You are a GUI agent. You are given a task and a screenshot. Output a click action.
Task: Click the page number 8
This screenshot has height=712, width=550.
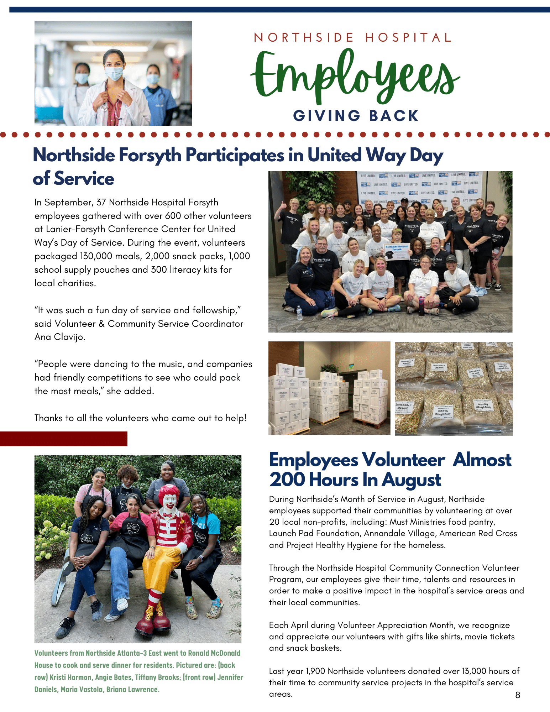pyautogui.click(x=518, y=695)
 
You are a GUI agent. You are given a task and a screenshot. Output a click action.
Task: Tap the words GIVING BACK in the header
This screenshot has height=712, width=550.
pyautogui.click(x=356, y=116)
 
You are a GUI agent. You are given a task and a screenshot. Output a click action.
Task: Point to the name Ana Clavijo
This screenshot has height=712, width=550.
pyautogui.click(x=59, y=337)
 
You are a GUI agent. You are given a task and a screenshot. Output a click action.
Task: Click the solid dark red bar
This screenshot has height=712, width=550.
pyautogui.click(x=63, y=439)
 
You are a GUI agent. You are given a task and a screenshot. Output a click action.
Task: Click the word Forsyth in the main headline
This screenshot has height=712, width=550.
pyautogui.click(x=150, y=155)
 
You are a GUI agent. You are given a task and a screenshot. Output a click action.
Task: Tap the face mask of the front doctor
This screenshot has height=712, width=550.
pyautogui.click(x=114, y=73)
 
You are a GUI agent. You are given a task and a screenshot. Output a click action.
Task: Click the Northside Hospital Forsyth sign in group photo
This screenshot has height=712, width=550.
pyautogui.click(x=397, y=252)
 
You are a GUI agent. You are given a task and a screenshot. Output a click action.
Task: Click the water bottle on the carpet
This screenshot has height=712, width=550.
pyautogui.click(x=299, y=313)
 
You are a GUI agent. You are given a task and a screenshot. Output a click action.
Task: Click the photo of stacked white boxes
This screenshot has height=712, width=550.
pyautogui.click(x=329, y=388)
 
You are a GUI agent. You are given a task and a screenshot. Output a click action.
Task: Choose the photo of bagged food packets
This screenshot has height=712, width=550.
pyautogui.click(x=454, y=388)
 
